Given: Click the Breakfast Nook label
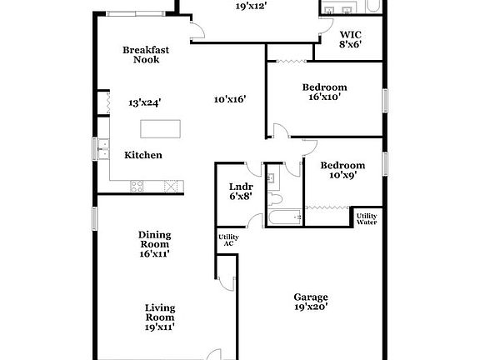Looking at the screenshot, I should click(x=146, y=55).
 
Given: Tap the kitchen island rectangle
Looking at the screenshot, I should click(x=160, y=128).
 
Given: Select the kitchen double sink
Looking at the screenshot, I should click(x=102, y=151).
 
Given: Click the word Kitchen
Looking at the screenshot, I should click(x=143, y=155).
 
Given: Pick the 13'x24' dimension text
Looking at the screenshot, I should click(x=144, y=103).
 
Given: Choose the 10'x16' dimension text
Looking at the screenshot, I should click(x=229, y=99).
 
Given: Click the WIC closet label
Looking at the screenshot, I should click(x=350, y=39).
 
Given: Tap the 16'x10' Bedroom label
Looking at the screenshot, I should click(x=324, y=92).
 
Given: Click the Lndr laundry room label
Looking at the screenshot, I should click(x=240, y=192).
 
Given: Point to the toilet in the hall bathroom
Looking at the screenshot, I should click(x=276, y=201).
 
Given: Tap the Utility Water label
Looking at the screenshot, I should click(x=367, y=219).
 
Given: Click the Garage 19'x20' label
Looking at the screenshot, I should click(x=311, y=302).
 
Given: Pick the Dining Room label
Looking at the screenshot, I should click(x=154, y=244).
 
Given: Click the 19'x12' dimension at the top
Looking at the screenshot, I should click(x=250, y=5).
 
